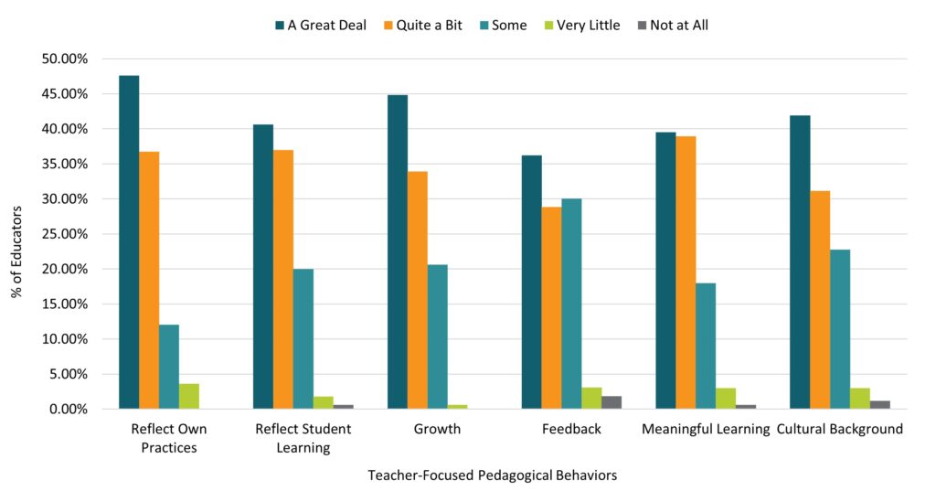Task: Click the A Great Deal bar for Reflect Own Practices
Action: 129,242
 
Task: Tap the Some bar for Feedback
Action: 571,304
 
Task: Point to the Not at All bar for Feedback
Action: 612,402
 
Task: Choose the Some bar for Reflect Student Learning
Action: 303,339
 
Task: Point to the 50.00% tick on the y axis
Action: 64,59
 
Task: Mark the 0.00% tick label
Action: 68,409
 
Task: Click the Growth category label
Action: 437,429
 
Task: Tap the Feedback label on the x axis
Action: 571,429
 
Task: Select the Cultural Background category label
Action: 839,429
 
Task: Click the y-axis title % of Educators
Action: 16,233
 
